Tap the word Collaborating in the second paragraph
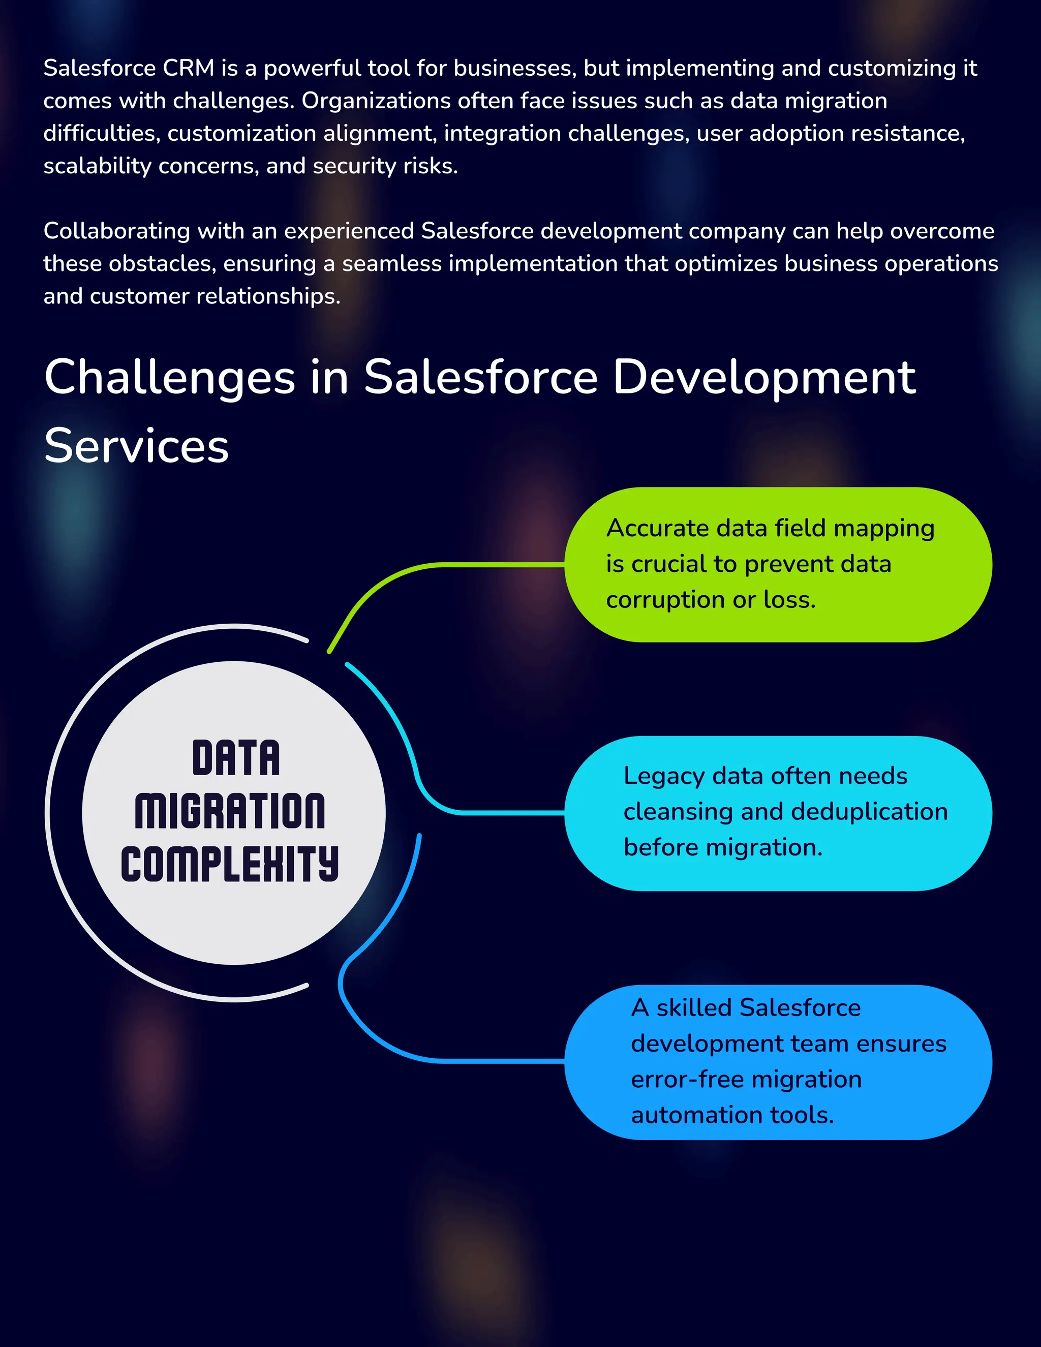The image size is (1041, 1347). pyautogui.click(x=116, y=231)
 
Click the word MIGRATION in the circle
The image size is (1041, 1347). pyautogui.click(x=230, y=811)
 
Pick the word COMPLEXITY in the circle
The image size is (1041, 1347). pyautogui.click(x=229, y=864)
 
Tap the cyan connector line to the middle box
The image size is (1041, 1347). pyautogui.click(x=494, y=813)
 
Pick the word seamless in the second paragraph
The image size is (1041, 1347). pyautogui.click(x=391, y=264)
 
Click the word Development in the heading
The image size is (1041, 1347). pyautogui.click(x=764, y=378)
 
